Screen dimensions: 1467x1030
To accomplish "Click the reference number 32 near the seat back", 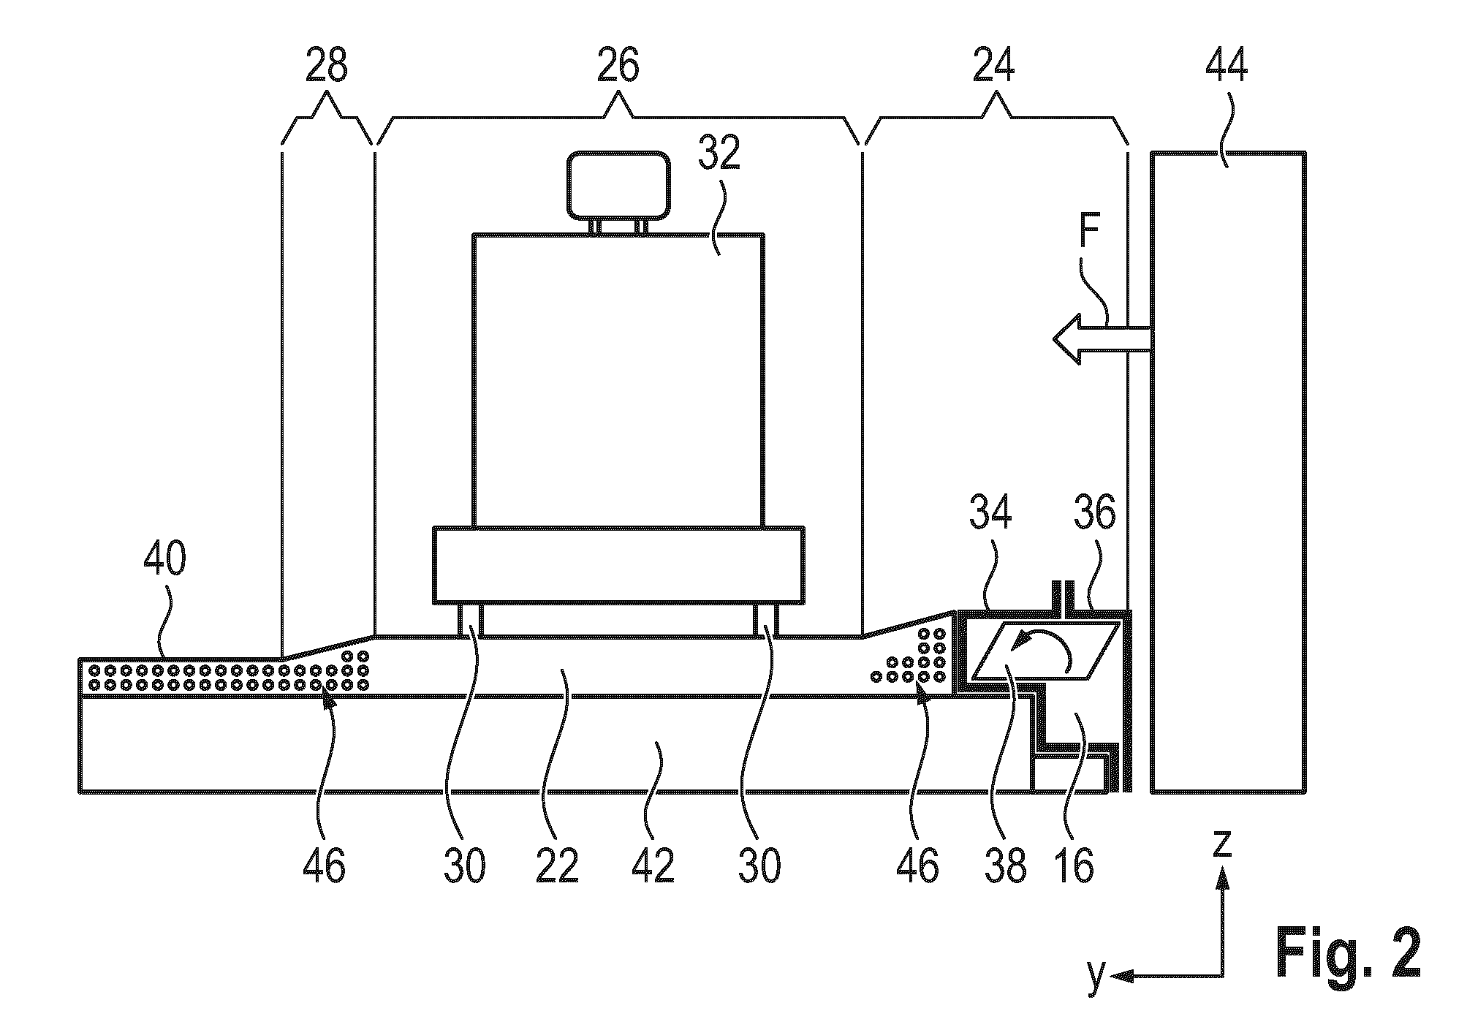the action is (x=720, y=153).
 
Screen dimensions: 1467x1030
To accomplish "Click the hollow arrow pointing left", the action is (x=1102, y=338).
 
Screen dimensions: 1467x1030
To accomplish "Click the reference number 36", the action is (x=1094, y=513).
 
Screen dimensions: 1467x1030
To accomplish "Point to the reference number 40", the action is (x=164, y=561).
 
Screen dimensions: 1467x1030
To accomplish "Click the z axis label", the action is (x=1221, y=844).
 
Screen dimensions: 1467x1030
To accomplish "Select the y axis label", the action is (x=1096, y=977).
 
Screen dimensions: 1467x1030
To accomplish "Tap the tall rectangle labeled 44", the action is (x=1228, y=472).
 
